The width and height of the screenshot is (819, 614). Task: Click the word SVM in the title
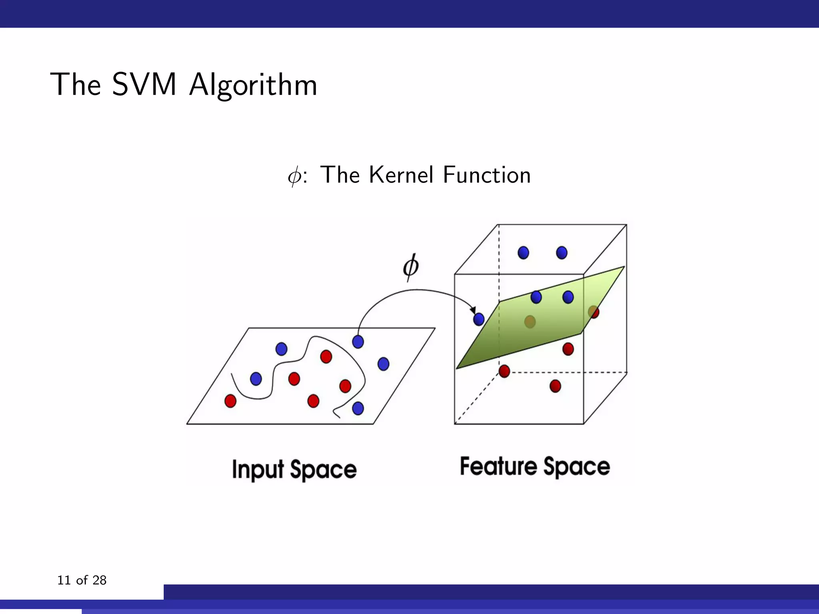[144, 85]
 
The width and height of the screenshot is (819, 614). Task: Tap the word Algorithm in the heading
[253, 86]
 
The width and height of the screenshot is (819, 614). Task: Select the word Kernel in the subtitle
[401, 175]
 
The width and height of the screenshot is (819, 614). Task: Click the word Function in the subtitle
[487, 175]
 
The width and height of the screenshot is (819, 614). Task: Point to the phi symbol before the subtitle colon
[294, 176]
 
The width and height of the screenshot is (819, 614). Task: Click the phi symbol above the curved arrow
[411, 267]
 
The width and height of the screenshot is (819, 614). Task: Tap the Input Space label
[294, 469]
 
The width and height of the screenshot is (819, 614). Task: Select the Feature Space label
[535, 466]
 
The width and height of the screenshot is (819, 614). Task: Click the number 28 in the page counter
[99, 580]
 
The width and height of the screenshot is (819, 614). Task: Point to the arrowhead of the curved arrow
[473, 311]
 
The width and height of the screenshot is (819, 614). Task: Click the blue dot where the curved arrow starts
[358, 342]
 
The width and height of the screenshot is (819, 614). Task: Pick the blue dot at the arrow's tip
[479, 319]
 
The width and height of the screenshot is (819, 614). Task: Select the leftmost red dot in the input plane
[230, 401]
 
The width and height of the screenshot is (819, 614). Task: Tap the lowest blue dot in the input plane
[358, 408]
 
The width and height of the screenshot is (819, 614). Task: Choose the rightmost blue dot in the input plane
[383, 364]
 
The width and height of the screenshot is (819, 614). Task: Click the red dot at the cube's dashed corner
[504, 371]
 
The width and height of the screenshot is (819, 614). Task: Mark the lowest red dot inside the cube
[555, 386]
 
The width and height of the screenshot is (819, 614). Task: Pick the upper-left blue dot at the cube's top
[523, 253]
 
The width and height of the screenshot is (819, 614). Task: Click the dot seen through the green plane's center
[530, 321]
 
